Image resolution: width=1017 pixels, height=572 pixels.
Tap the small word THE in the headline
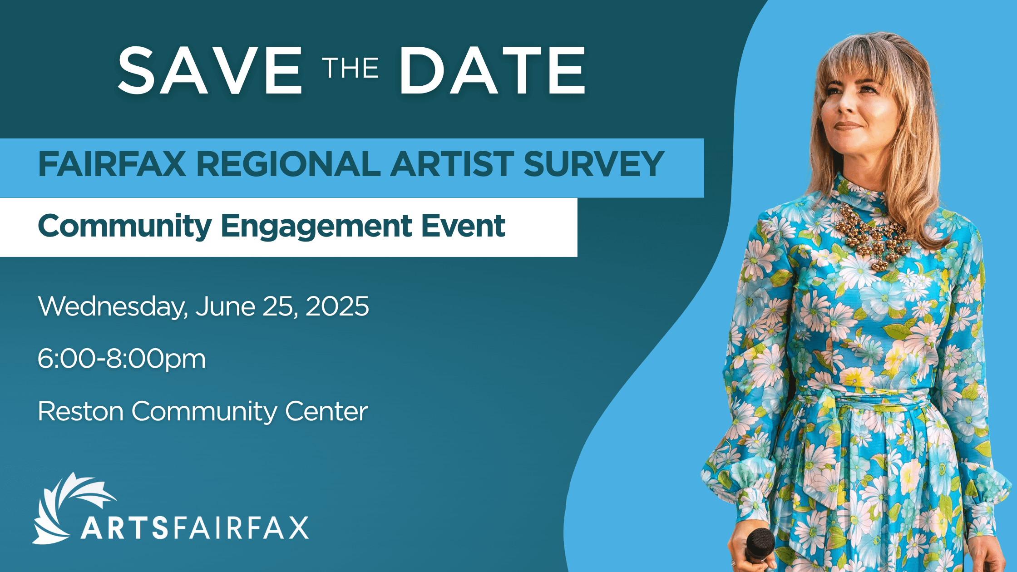pos(351,69)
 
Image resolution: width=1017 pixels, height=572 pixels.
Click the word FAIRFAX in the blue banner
pos(112,164)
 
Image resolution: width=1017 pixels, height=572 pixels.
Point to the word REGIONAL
pos(289,164)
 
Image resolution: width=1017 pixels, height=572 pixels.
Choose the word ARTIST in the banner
pos(452,164)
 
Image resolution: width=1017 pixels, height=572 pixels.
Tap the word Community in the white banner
pos(125,227)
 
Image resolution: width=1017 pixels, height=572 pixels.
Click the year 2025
pos(337,306)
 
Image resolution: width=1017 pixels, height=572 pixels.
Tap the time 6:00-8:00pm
pos(122,359)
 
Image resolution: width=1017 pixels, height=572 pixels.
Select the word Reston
pos(81,411)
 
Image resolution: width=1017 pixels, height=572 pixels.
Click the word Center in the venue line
pos(326,411)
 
